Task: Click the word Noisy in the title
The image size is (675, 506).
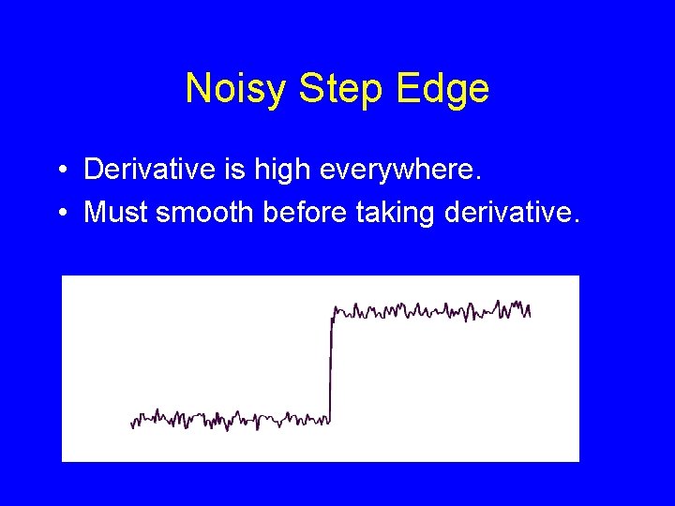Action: click(237, 89)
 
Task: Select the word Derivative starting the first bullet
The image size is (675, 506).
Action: click(145, 170)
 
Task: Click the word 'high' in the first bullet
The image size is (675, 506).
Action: click(275, 170)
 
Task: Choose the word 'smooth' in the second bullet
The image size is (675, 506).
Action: click(204, 212)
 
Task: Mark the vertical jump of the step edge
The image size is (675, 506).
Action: click(332, 365)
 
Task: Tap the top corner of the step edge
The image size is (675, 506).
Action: click(334, 308)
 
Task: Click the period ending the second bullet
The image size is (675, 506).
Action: click(577, 221)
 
